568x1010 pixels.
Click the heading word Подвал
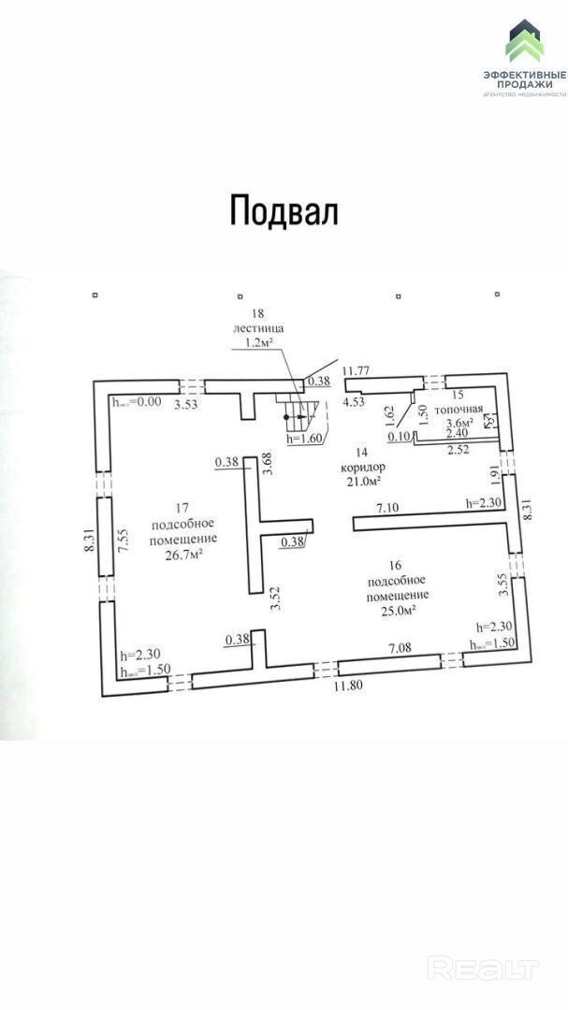284,210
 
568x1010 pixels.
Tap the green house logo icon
524,41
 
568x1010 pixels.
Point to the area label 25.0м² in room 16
397,610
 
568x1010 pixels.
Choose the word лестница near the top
257,329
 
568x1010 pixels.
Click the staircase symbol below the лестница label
299,411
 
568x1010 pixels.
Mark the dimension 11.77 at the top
357,371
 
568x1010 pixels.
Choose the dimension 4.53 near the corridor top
354,401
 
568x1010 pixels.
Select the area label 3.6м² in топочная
459,422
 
